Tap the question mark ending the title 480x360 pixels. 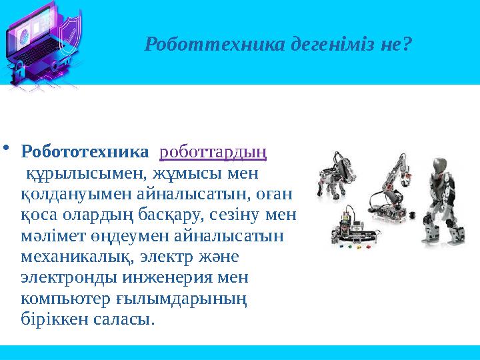(x=407, y=45)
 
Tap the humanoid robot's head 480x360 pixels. (x=437, y=165)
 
